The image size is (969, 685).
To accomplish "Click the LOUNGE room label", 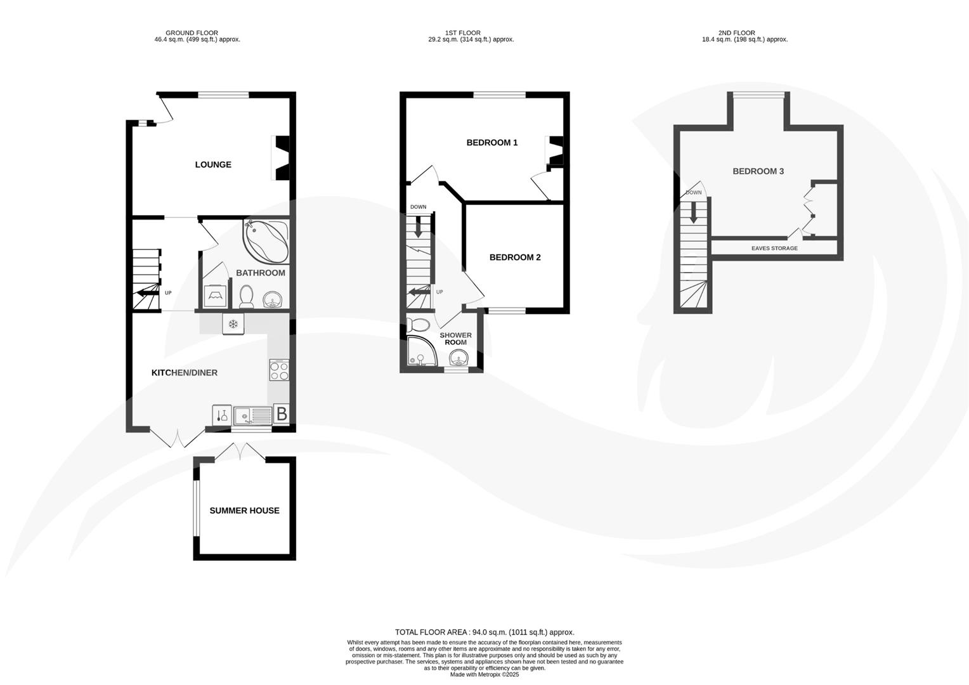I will click(213, 165).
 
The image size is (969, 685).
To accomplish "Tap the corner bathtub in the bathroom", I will click(265, 241).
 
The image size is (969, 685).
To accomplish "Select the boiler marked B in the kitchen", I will click(282, 415).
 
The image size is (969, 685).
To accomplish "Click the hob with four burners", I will click(279, 370).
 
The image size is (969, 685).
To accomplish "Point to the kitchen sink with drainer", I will click(252, 416).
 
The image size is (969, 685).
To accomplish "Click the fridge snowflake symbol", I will click(233, 325).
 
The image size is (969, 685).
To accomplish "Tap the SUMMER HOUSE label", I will click(244, 511).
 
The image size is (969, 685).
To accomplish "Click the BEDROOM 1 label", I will click(491, 143).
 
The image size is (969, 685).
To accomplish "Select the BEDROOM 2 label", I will click(514, 258).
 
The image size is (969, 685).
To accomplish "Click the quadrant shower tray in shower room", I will click(419, 353).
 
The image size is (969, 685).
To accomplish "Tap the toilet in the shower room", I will click(419, 325).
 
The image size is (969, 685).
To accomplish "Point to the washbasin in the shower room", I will click(457, 360).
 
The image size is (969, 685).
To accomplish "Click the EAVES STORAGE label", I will click(774, 248).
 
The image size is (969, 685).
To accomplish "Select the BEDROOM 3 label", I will click(758, 171).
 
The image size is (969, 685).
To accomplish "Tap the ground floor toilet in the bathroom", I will click(246, 296).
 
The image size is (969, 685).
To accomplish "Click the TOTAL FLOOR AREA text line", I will click(484, 632).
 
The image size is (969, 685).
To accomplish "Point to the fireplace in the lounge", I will click(281, 157).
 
